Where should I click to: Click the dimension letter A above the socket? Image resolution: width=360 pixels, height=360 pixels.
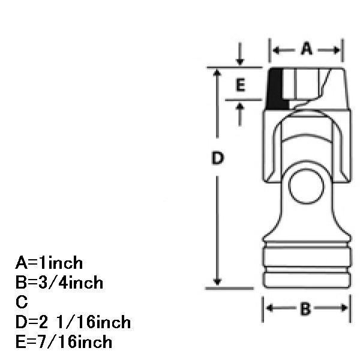point(307,49)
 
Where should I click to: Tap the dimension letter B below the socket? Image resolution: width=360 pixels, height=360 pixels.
point(305,308)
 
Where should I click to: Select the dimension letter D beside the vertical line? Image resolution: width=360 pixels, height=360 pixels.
point(217,158)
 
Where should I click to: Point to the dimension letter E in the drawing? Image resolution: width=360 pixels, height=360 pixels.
point(241,85)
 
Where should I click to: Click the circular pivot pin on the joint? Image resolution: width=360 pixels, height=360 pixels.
point(306,187)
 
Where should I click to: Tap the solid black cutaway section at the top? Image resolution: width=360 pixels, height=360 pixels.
point(276,89)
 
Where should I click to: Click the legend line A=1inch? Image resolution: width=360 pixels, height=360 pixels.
point(49,263)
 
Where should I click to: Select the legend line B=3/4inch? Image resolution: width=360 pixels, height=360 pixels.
point(59,283)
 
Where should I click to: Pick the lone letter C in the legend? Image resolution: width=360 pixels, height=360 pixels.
point(22,302)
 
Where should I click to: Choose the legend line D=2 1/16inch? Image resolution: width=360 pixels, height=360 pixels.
point(73,322)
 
